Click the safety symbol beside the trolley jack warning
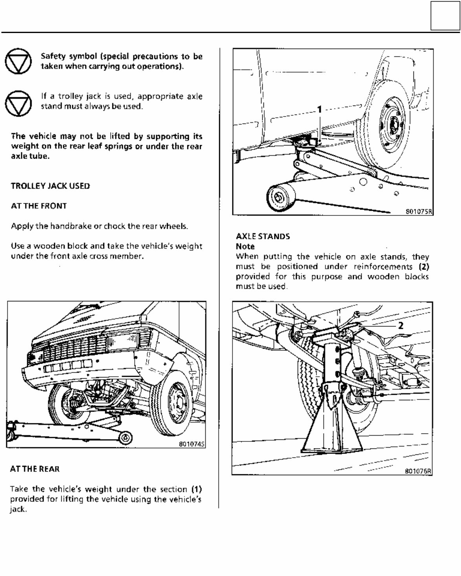point(18,103)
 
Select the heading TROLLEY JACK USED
point(50,186)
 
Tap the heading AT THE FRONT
point(39,206)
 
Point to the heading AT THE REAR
point(35,469)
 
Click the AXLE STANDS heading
point(263,237)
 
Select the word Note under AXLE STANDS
point(245,247)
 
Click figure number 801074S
point(192,445)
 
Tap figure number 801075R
point(419,211)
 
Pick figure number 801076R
point(418,472)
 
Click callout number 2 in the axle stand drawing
point(401,325)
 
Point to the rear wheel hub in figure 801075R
point(393,124)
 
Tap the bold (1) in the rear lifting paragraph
point(196,489)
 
